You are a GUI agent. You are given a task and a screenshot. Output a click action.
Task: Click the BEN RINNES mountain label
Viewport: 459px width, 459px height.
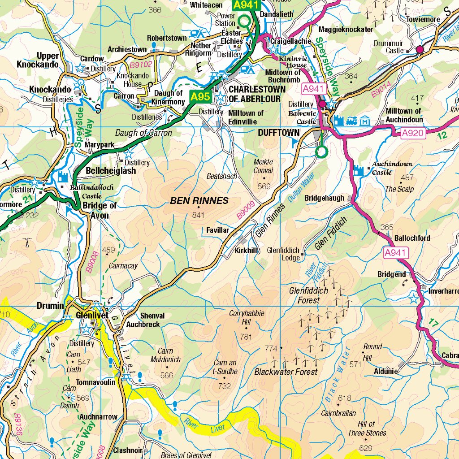[x=199, y=201]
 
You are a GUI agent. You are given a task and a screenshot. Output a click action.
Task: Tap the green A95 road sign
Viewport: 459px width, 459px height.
[x=200, y=96]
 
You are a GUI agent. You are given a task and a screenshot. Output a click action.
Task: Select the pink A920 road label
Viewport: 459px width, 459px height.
[x=412, y=133]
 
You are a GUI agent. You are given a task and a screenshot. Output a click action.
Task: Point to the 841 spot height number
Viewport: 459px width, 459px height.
[x=198, y=216]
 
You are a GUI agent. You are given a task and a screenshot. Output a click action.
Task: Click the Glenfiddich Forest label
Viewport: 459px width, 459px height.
[x=308, y=295]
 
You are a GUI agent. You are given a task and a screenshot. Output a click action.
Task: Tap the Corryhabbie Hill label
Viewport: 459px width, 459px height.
[x=247, y=317]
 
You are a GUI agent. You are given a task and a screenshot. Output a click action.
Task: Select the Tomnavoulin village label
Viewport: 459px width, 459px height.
[x=95, y=382]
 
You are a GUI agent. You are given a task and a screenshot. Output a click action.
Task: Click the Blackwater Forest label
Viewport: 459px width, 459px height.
[x=286, y=372]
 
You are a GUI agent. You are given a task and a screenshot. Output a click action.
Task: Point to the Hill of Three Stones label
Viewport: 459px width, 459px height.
[x=366, y=429]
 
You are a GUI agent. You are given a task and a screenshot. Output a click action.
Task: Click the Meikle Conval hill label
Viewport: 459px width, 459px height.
[x=263, y=166]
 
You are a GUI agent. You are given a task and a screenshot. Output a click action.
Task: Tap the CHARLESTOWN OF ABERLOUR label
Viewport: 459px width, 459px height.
[x=257, y=94]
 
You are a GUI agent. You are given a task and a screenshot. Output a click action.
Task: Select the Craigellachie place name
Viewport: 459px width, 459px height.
[x=290, y=41]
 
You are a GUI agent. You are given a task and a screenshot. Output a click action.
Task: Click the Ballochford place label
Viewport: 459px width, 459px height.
[x=412, y=238]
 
